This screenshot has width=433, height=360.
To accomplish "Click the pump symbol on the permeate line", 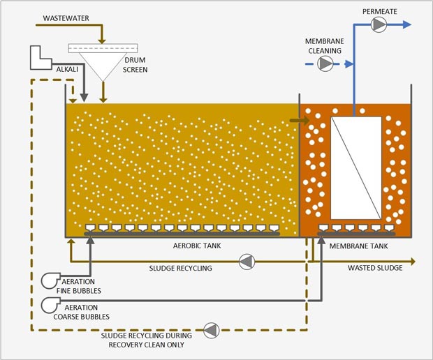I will point(379,25).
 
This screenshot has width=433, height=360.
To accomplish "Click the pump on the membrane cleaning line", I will point(325,63).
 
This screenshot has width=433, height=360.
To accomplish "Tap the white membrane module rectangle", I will point(355,167).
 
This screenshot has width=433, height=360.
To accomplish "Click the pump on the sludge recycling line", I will point(247,262).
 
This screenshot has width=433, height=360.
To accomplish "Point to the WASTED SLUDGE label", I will point(375,268).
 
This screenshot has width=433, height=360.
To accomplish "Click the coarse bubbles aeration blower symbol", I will point(51,305).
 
